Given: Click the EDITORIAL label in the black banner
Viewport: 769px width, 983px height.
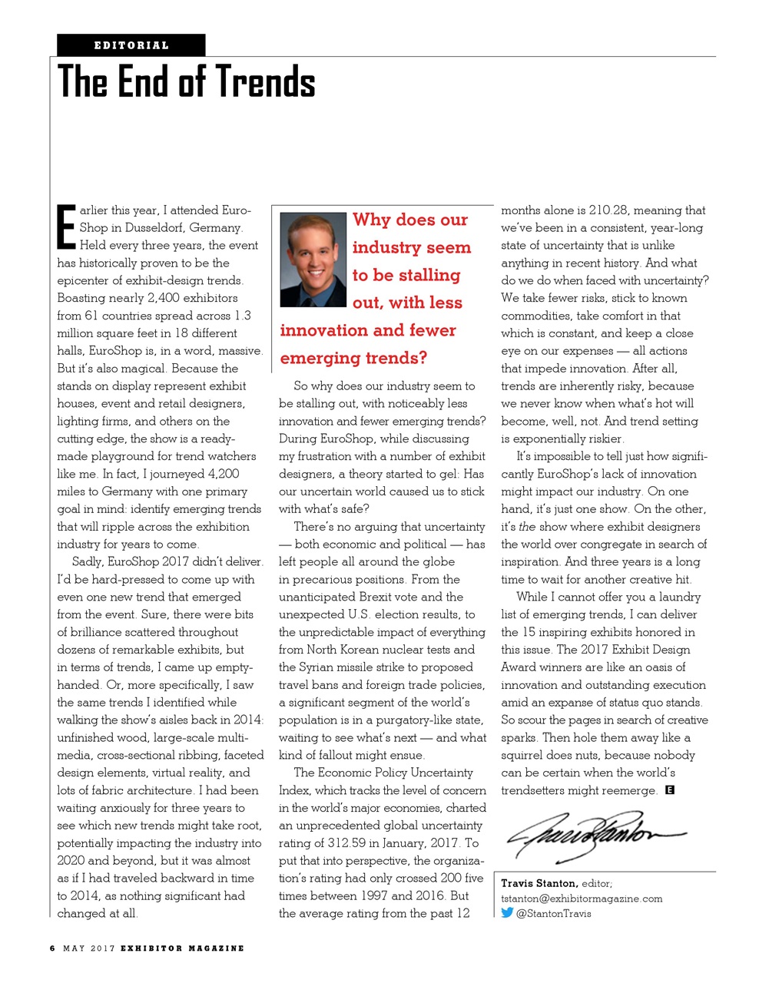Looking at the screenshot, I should tap(131, 45).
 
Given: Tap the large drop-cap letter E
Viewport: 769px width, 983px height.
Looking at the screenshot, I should tap(67, 227).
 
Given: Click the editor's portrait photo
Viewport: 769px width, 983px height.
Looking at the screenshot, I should tap(313, 260).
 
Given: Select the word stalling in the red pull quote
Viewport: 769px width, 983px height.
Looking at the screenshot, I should tap(428, 275).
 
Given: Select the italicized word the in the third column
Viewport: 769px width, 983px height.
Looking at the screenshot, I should tap(527, 527).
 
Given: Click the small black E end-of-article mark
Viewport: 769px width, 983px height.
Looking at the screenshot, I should tap(670, 789).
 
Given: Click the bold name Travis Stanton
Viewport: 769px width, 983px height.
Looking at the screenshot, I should tap(539, 883).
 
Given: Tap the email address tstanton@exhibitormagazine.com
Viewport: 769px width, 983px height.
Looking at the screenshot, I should tap(582, 899).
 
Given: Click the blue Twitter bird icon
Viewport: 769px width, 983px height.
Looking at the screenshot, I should tap(507, 913).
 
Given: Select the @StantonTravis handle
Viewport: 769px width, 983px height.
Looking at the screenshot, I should tap(554, 914).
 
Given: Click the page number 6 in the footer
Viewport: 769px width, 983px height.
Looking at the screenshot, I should tap(52, 948).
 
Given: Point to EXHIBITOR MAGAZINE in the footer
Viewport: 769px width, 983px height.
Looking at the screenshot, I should tap(182, 948).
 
